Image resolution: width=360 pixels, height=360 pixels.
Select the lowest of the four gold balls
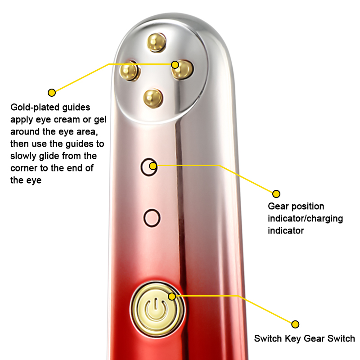click(152, 97)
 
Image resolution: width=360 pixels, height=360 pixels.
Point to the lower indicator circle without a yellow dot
click(152, 218)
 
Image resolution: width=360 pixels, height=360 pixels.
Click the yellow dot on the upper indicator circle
click(153, 166)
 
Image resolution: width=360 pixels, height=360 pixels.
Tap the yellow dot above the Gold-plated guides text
click(52, 93)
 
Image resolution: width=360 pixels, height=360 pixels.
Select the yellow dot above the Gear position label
click(276, 194)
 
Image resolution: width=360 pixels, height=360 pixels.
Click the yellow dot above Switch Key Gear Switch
click(295, 324)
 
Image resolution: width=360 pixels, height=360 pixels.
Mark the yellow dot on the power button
click(172, 296)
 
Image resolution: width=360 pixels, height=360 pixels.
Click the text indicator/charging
click(305, 219)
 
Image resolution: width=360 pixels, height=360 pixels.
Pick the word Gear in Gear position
click(278, 207)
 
